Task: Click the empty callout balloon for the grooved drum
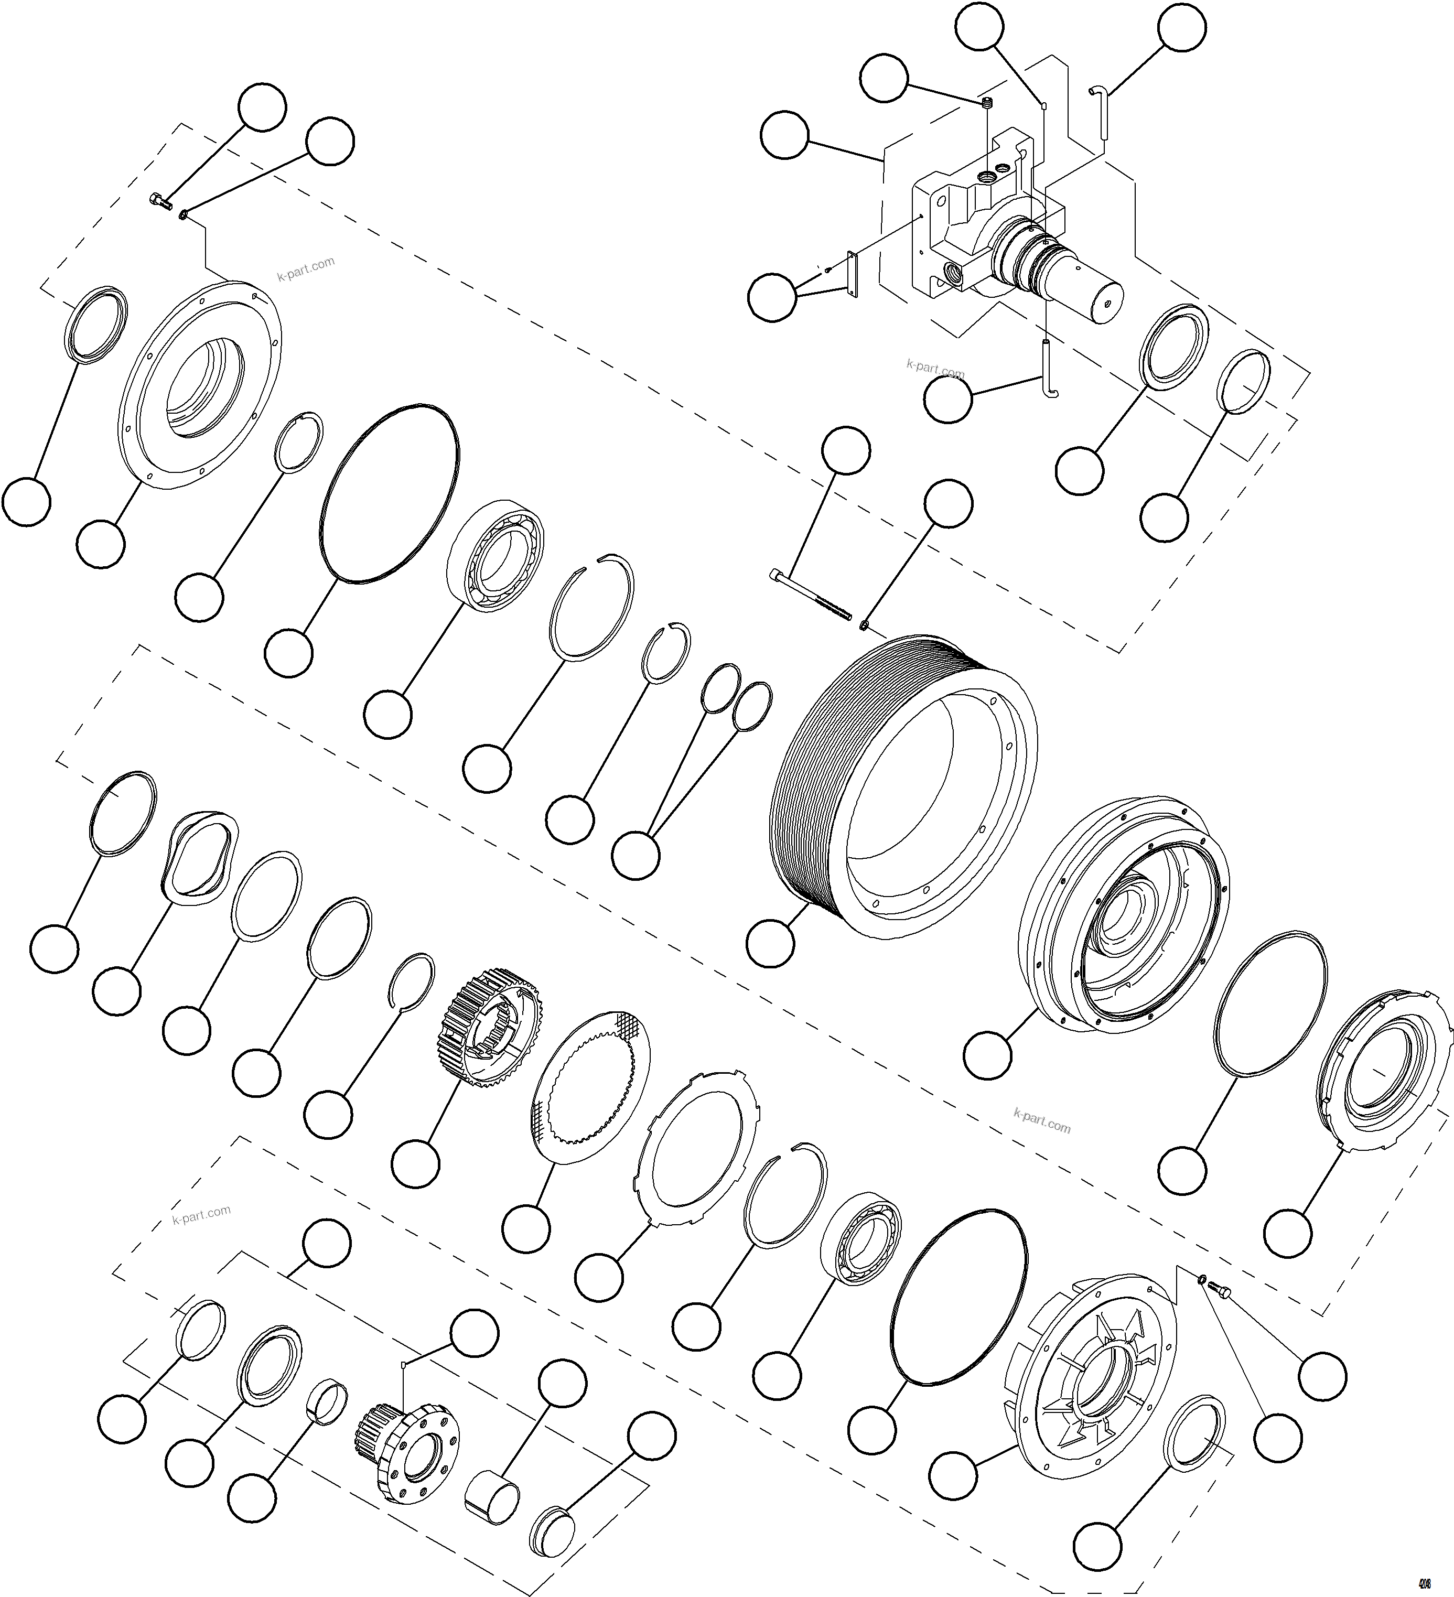tap(770, 943)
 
